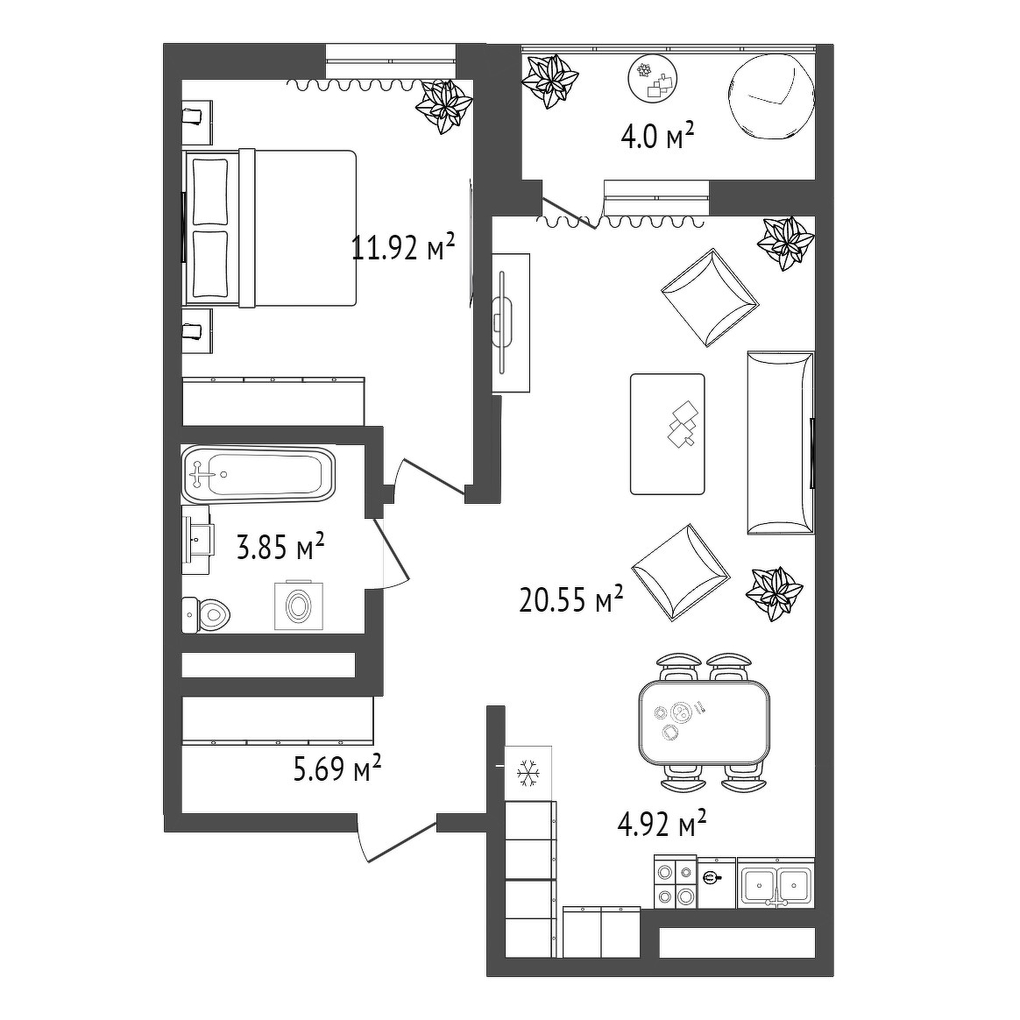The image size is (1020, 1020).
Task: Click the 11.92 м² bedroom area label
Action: [403, 247]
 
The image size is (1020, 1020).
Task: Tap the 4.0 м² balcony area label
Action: [657, 138]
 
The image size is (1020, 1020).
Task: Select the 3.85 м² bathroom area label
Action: [280, 547]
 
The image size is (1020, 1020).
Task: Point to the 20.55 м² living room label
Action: [571, 599]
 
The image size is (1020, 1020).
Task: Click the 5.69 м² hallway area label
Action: [337, 769]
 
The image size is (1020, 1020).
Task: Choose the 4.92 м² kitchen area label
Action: [662, 824]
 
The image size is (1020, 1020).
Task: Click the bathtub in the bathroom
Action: [259, 474]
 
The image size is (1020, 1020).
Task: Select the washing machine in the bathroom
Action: [299, 605]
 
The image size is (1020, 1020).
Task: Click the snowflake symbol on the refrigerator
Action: [528, 774]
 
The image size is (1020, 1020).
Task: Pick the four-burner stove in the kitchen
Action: [676, 882]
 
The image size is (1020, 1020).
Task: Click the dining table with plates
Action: [704, 722]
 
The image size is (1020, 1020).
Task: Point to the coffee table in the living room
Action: [668, 434]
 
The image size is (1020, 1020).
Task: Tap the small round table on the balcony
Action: [653, 80]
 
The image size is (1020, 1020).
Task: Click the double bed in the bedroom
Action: [270, 228]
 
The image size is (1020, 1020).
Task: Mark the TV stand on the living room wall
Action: [511, 322]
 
